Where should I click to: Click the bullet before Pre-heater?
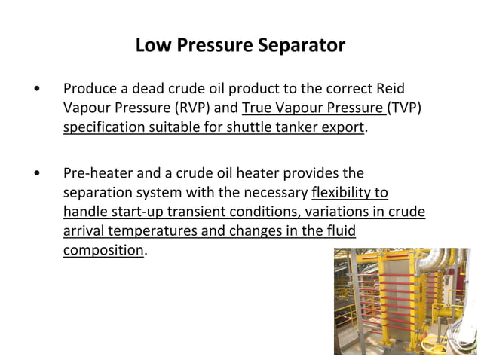[x=37, y=175]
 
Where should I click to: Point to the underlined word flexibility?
[x=349, y=193]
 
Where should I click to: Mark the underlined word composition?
[x=103, y=250]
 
